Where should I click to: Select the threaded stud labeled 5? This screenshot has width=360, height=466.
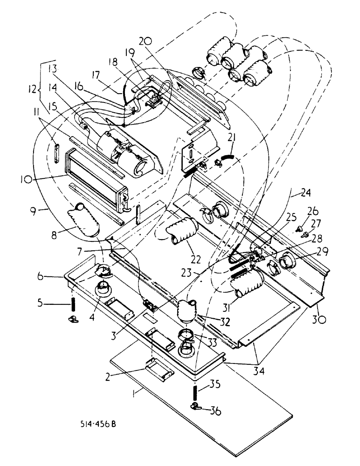pos(74,306)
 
